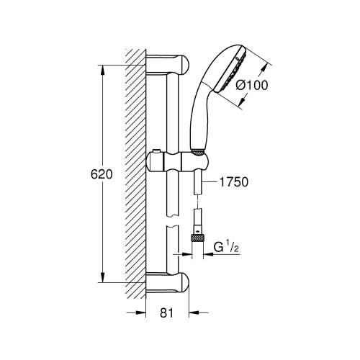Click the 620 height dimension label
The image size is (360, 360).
coord(102,174)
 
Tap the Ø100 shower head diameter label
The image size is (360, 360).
coord(251,85)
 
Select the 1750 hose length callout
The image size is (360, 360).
coord(234,182)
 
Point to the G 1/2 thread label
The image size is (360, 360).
coord(226,247)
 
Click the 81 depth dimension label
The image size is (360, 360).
coord(166,313)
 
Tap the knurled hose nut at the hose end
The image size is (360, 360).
coord(197,238)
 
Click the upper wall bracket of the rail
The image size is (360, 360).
coord(167,64)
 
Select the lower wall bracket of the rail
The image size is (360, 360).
coord(167,282)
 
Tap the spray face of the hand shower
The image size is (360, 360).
coord(230,71)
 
